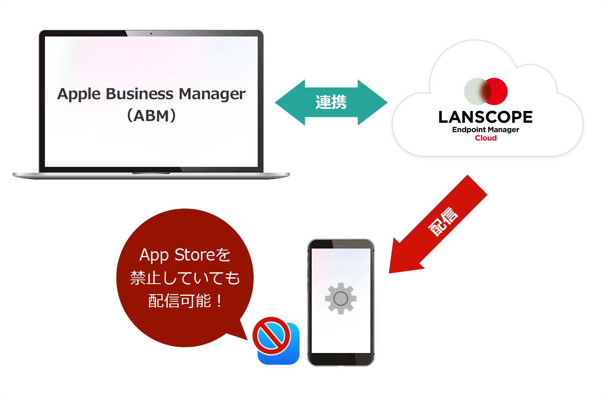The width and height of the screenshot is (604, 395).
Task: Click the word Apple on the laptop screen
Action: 79,95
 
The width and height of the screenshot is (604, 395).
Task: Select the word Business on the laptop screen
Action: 139,94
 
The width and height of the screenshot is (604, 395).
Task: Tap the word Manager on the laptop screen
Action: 212,95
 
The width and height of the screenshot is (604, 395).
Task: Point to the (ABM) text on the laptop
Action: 151,116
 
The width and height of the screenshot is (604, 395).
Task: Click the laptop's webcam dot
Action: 151,34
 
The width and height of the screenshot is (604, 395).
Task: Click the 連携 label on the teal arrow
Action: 331,102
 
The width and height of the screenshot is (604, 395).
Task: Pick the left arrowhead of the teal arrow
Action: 290,103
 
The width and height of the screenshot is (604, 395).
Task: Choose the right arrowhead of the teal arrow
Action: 372,103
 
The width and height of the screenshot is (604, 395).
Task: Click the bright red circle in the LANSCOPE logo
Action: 496,91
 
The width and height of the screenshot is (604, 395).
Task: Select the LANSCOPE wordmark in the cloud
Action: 486,117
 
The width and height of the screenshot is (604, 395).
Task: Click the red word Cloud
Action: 486,138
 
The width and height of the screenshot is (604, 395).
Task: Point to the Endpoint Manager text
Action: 486,130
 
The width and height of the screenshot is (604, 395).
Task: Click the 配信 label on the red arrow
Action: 443,221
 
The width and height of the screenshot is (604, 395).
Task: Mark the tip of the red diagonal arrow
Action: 389,273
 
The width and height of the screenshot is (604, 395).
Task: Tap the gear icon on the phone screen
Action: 341,298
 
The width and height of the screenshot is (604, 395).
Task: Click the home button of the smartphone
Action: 341,359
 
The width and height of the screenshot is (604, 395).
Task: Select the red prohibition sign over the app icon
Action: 271,336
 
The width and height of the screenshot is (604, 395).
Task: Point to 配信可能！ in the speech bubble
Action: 185,301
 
